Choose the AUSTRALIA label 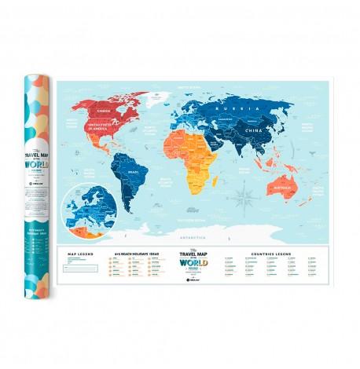coord(301,188)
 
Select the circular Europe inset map coord(92,206)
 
